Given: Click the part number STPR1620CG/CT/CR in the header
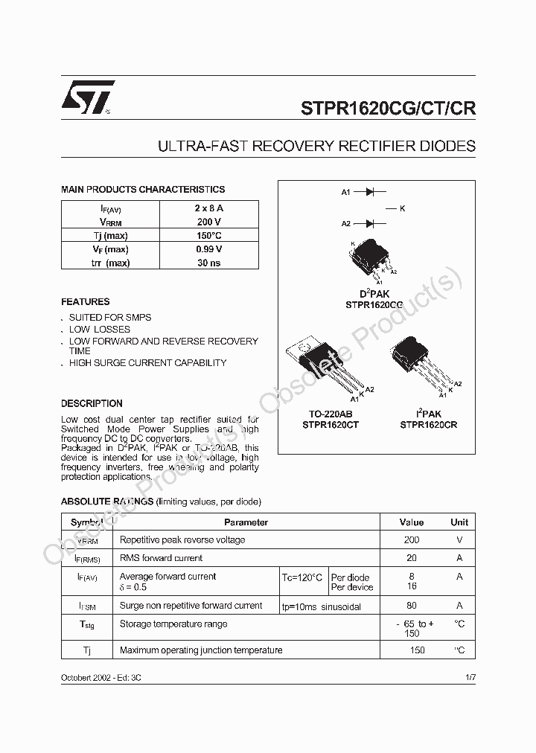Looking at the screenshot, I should click(x=388, y=107).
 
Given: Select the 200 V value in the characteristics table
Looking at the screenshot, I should click(x=208, y=222).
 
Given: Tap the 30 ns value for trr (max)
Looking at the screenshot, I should click(x=208, y=263).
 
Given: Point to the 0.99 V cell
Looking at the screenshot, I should click(x=208, y=249).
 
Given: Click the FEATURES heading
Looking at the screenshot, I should click(x=85, y=302).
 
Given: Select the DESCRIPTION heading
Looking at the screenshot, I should click(x=92, y=403).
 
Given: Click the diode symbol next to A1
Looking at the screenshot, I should click(x=369, y=192).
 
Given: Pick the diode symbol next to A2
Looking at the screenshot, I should click(x=369, y=223).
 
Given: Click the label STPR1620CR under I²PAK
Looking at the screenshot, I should click(x=428, y=425).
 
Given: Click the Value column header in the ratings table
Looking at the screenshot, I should click(x=412, y=522).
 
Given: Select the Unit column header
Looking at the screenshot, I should click(x=459, y=522).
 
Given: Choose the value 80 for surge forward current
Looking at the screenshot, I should click(x=412, y=606).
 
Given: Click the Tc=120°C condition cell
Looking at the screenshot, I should click(x=302, y=577).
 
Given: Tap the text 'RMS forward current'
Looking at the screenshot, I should click(x=161, y=558).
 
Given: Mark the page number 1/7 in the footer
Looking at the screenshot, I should click(x=470, y=678).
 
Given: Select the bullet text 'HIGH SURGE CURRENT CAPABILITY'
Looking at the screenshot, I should click(x=147, y=363).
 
